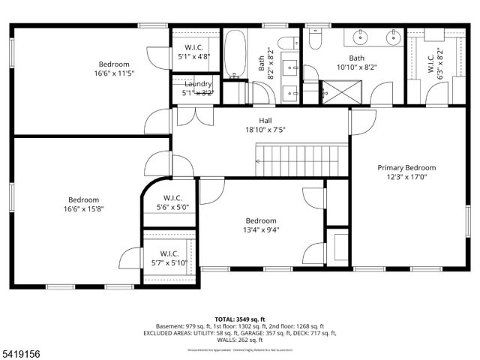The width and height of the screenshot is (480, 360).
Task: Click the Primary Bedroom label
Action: (x=406, y=168)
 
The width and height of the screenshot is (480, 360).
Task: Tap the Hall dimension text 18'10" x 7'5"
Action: (x=265, y=130)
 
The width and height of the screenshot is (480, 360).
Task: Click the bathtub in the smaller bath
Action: (x=235, y=54)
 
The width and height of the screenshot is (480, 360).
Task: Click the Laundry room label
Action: (x=198, y=84)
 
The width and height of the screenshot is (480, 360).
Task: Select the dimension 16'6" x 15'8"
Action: (x=84, y=209)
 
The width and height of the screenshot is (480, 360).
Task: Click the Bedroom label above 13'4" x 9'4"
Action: (x=261, y=220)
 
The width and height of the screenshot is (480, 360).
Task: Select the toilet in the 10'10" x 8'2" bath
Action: (x=314, y=37)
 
